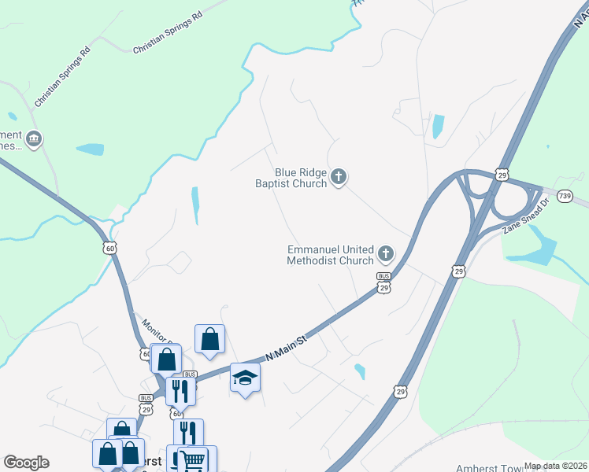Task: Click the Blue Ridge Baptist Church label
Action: coord(290,178)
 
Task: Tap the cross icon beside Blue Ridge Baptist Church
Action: coord(339,176)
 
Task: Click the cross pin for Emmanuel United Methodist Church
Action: coord(386,253)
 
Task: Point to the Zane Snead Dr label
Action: coord(525,219)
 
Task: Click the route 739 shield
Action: coord(564,195)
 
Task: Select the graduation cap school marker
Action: coord(245,378)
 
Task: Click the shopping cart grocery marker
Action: coord(194,459)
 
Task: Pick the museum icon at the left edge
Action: coord(33,140)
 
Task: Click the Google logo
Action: coord(27,463)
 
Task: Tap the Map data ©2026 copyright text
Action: coord(556,466)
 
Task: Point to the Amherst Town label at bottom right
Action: coord(489,466)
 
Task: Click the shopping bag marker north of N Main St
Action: coord(210,340)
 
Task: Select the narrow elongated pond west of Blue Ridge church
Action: coord(194,206)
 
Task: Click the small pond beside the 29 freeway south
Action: coord(360,371)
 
